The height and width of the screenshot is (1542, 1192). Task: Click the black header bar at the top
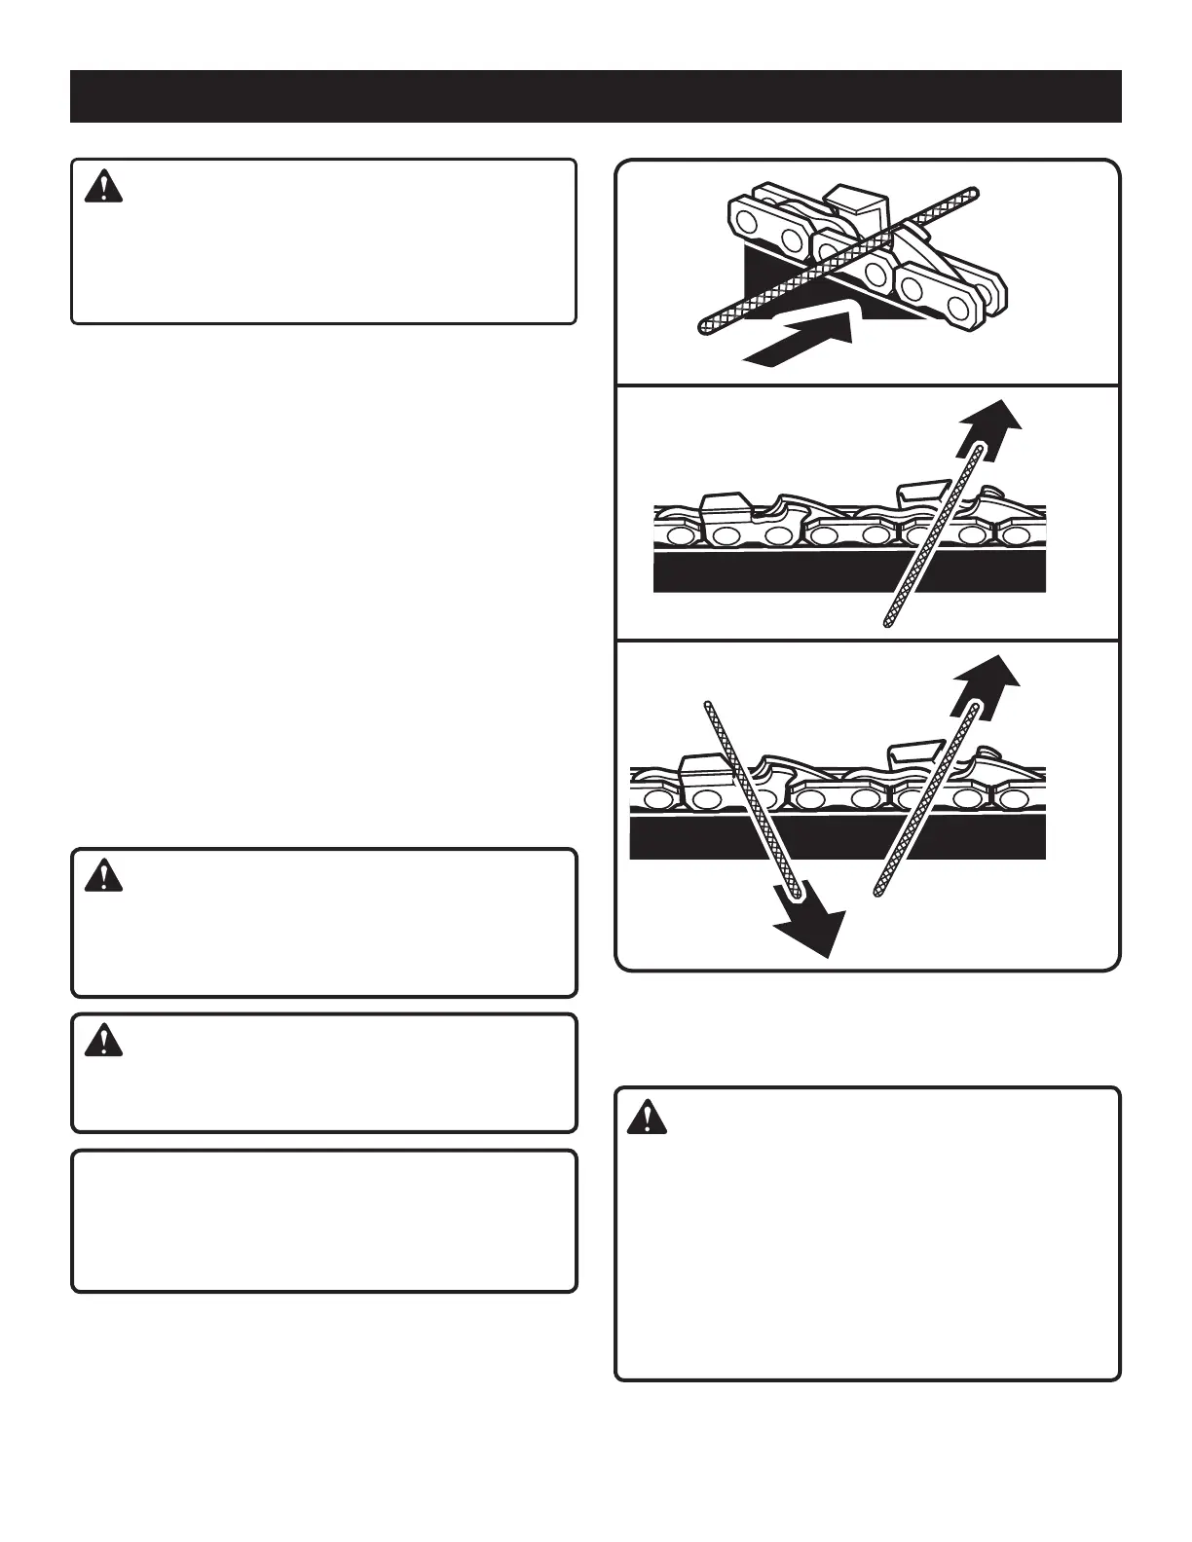point(595,96)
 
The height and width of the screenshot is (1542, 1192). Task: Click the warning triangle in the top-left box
point(104,187)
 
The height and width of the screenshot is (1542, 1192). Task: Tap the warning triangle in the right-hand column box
point(647,1118)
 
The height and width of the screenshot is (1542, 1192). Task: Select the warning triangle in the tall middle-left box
point(104,877)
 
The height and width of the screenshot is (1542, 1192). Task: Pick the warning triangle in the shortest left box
point(104,1042)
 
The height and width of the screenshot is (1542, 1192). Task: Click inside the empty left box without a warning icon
point(323,1221)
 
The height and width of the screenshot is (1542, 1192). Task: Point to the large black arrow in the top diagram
point(803,337)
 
